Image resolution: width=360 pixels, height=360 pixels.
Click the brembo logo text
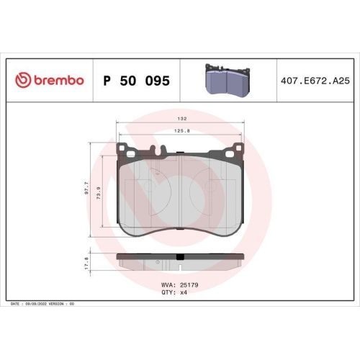tap(57, 81)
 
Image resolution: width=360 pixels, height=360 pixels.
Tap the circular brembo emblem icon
tap(21, 81)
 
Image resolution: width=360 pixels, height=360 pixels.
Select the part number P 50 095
tap(136, 81)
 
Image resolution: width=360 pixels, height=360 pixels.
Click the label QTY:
tap(169, 292)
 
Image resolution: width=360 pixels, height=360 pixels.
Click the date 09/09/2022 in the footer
tap(38, 305)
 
